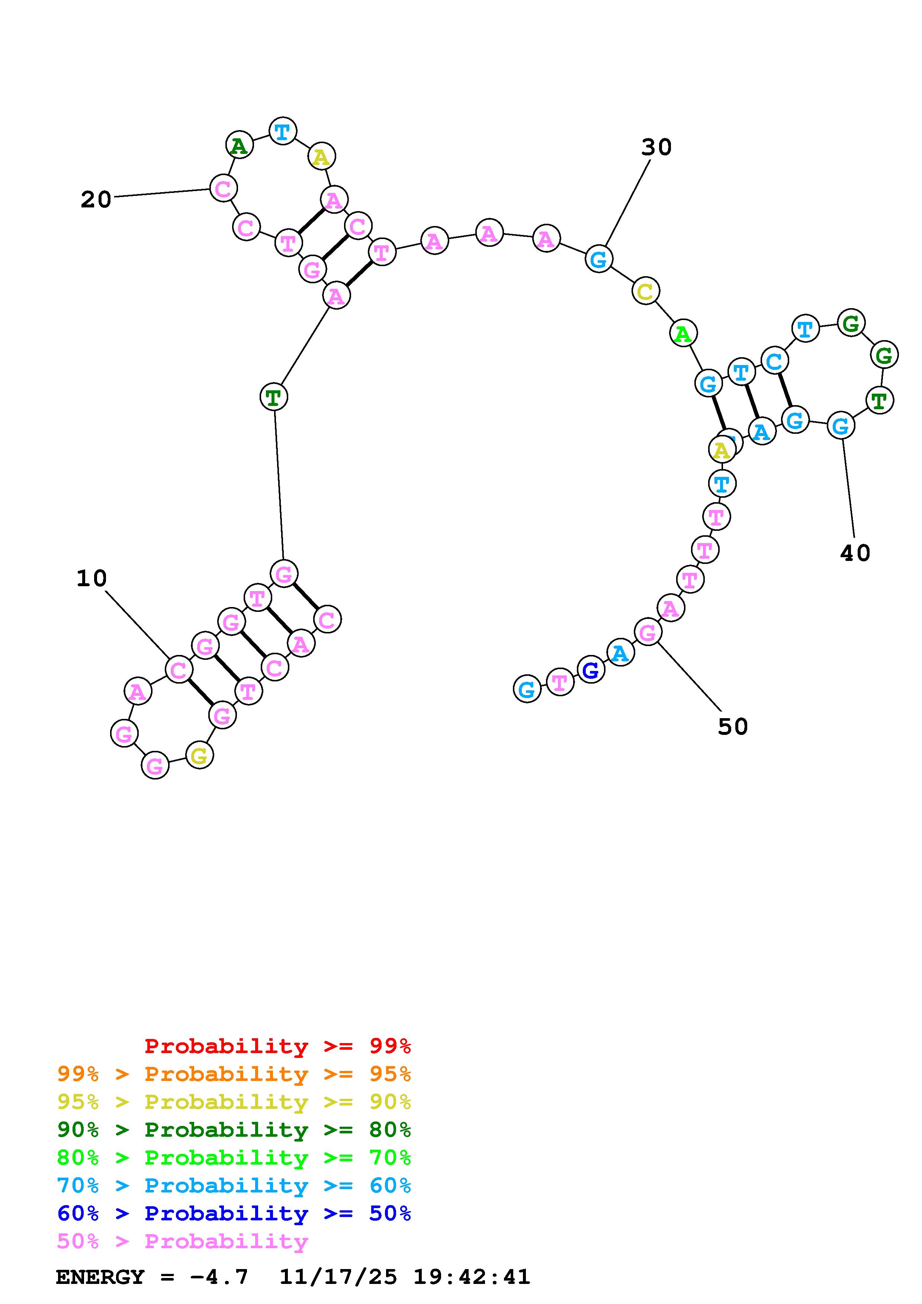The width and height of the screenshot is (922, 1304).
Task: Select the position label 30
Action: (656, 147)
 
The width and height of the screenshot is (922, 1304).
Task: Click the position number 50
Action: (732, 726)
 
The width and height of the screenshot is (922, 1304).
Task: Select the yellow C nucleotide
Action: (645, 291)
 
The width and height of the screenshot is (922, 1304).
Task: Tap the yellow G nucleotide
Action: (199, 755)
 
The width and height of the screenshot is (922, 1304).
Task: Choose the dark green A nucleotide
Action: (239, 145)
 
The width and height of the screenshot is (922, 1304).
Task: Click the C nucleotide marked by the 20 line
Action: (223, 188)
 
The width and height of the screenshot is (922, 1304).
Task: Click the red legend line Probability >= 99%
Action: (277, 1046)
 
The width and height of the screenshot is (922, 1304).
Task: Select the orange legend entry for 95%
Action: (234, 1074)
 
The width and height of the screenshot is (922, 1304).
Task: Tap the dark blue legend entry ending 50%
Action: (234, 1213)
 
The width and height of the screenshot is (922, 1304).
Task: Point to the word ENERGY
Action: (100, 1277)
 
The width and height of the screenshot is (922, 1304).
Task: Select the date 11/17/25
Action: (338, 1277)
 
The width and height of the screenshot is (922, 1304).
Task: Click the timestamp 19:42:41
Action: (472, 1277)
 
